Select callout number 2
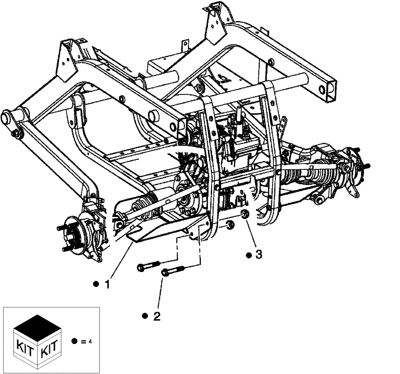(156, 316)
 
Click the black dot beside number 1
(96, 284)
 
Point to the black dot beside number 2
(145, 316)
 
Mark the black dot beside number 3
(248, 255)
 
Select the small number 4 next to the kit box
(90, 342)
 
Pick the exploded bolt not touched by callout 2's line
(148, 265)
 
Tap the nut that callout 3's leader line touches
(244, 216)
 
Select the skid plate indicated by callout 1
(168, 228)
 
